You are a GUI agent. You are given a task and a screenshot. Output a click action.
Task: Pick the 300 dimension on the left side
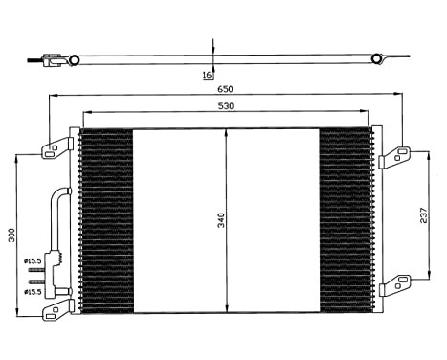[12, 234]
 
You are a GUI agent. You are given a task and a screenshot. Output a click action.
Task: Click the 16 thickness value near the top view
[207, 73]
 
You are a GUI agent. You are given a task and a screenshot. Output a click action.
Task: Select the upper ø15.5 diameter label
[32, 260]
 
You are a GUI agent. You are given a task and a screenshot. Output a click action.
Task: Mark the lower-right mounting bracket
[394, 283]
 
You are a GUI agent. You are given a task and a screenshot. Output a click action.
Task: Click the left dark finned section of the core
[105, 220]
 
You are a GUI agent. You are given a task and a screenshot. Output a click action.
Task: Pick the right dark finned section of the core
[344, 220]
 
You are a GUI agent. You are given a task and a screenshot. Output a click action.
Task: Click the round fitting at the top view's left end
[74, 60]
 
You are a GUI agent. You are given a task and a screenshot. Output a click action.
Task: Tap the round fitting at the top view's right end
[375, 60]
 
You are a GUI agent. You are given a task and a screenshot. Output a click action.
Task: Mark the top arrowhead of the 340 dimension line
[225, 132]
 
